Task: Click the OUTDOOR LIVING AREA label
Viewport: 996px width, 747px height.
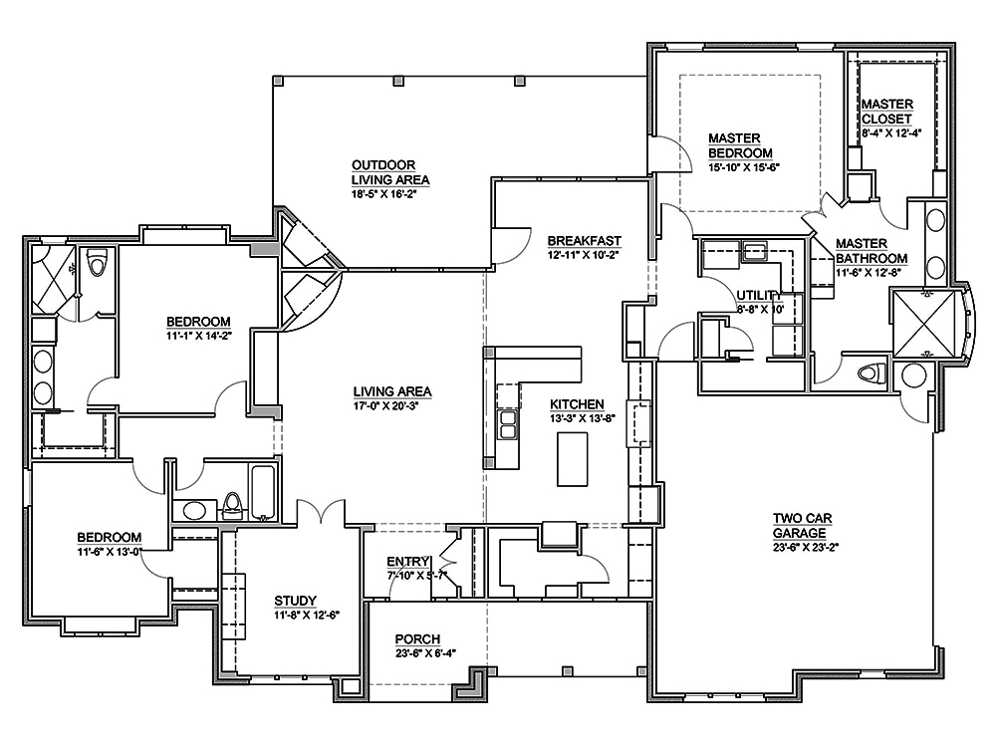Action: pos(389,172)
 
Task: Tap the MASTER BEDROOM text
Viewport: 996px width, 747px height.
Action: pos(740,145)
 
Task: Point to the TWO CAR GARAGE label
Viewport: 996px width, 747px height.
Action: pos(802,525)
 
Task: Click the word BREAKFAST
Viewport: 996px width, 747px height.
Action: pos(585,240)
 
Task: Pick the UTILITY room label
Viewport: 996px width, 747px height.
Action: pos(759,295)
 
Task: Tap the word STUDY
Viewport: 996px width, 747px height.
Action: pos(295,601)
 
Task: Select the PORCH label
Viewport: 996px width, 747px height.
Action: pos(417,638)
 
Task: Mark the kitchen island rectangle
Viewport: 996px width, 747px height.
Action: pos(571,460)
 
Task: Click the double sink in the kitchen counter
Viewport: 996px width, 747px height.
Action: pos(508,425)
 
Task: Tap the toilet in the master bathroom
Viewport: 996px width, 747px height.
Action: pos(871,373)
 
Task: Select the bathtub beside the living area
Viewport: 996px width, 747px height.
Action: pos(264,493)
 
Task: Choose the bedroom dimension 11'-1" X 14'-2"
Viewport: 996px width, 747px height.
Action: pos(198,336)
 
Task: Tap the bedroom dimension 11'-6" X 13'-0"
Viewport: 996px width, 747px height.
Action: pos(109,551)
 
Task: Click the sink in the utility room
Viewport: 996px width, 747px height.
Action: pos(754,251)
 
